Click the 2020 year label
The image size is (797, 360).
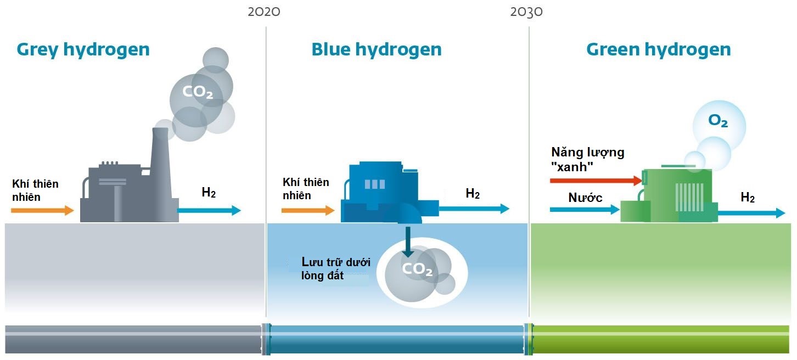[x=264, y=12]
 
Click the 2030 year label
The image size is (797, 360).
[x=526, y=12]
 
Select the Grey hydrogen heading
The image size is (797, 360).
[x=83, y=49]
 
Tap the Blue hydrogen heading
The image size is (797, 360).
[x=377, y=49]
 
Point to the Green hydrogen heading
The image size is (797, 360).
[x=659, y=49]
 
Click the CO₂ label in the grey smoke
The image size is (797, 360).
[x=198, y=92]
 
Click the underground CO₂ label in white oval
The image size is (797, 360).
[x=417, y=269]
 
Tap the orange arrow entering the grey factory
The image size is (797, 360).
[x=42, y=210]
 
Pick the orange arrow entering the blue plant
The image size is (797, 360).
[x=308, y=210]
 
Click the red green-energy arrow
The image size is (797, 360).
[x=596, y=180]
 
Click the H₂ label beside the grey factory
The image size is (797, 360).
[x=209, y=193]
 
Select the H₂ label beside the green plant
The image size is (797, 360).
[x=748, y=198]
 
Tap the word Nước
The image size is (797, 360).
[x=585, y=198]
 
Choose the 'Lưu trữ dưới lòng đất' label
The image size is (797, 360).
[x=335, y=269]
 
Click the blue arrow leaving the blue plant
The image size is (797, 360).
[x=474, y=209]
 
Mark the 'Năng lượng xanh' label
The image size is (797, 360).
[x=587, y=159]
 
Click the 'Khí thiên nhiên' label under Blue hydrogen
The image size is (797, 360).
[x=306, y=189]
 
